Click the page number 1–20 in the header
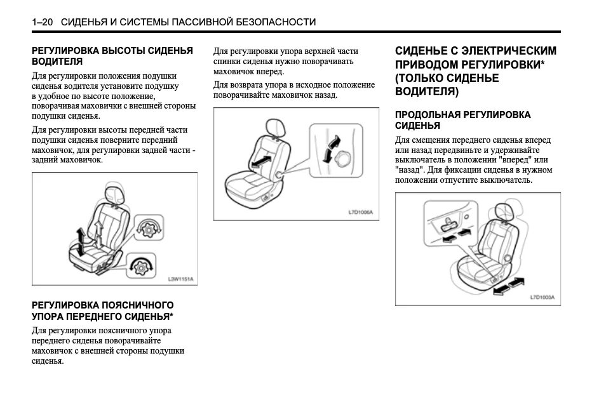(x=43, y=22)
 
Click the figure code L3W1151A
(x=180, y=279)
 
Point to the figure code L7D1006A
(x=360, y=213)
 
